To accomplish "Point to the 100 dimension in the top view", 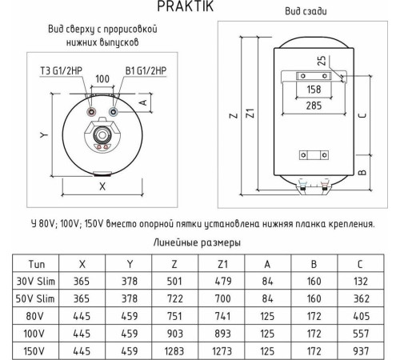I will [102, 80].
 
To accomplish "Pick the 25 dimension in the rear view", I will [319, 61].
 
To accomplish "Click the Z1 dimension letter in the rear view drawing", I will [250, 114].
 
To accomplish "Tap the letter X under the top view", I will [102, 186].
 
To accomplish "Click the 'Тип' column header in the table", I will [36, 263].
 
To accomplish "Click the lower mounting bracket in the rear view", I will [308, 154].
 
